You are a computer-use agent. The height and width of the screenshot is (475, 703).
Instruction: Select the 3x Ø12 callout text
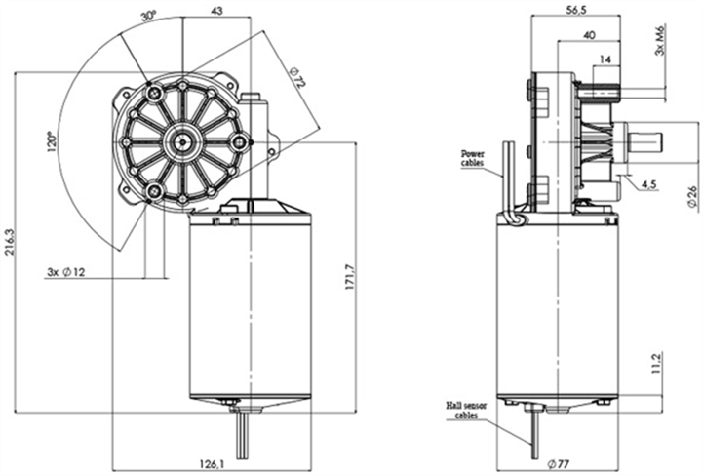(66, 271)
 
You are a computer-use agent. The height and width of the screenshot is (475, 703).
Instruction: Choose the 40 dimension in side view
(588, 35)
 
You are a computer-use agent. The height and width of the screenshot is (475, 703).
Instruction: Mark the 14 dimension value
(606, 59)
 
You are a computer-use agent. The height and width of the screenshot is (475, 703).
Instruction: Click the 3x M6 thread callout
(661, 40)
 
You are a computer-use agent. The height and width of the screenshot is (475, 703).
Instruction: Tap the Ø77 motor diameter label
(558, 462)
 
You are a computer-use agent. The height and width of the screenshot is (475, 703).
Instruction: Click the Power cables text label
(476, 158)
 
